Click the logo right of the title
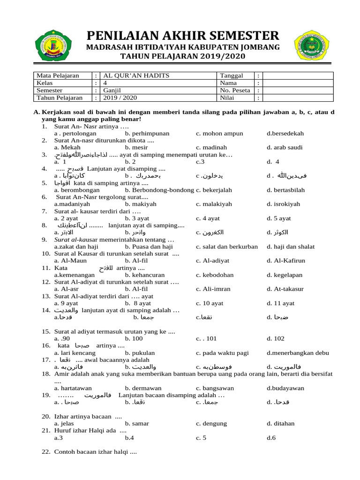311,47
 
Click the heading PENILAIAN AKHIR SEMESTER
182,35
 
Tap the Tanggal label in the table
231,75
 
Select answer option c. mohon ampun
219,134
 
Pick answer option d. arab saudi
285,148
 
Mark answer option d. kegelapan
285,275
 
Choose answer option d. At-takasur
285,289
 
